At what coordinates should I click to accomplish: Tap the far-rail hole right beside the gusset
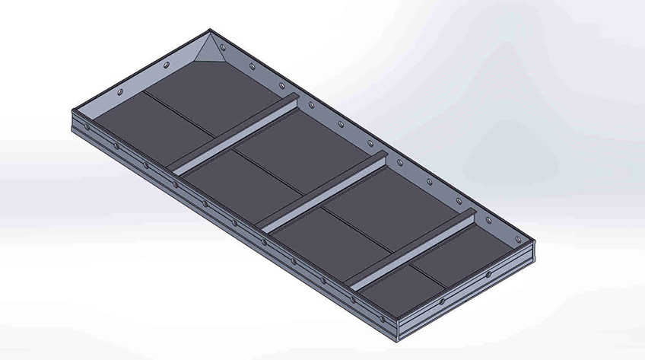tap(252, 66)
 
